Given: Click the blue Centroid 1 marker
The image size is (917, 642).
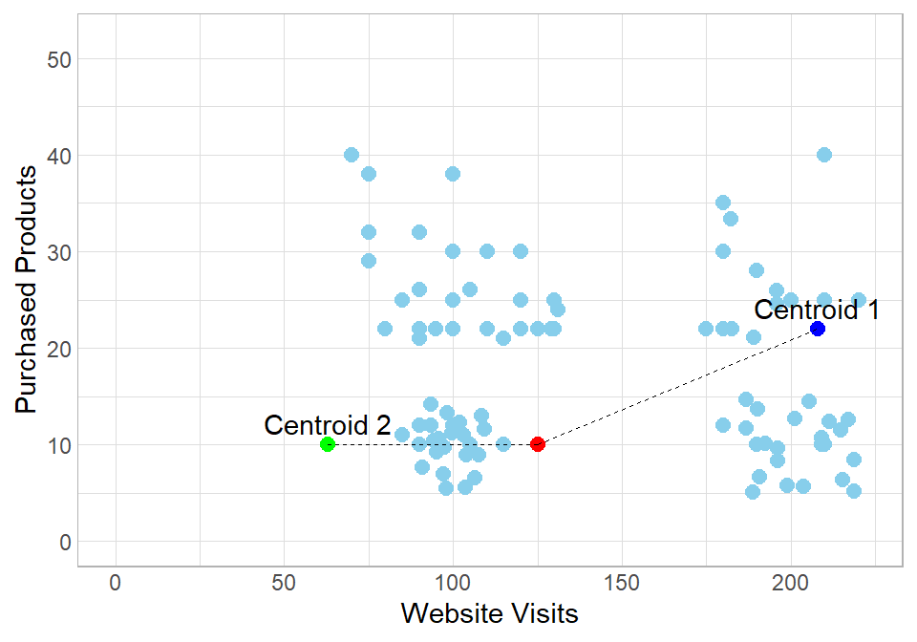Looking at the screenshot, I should coord(818,329).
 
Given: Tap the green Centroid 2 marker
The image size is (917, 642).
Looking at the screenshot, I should coord(328,444).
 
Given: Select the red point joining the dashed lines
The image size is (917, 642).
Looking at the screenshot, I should coord(538,444).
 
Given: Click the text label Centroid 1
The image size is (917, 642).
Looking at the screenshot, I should coord(816,310).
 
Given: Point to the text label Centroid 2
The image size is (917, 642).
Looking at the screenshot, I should coord(328,425).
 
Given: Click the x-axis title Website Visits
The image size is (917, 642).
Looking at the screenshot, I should coord(489,612).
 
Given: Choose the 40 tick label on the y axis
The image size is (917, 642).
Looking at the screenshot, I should coord(60,156).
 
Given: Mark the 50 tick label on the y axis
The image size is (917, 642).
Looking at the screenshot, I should coord(60,59).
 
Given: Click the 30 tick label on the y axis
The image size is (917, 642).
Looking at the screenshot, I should coord(60,252).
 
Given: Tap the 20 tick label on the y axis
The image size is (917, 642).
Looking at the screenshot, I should coord(60,349).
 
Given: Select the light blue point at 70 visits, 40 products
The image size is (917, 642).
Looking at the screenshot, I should coord(352,155).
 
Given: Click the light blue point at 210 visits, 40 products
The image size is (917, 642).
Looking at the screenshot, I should coord(824,155).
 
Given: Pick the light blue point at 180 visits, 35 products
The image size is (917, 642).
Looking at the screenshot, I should coord(723,203).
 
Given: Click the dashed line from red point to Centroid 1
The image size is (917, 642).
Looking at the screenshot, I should coord(678,386).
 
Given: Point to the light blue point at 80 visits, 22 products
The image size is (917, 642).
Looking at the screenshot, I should coord(385,329).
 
